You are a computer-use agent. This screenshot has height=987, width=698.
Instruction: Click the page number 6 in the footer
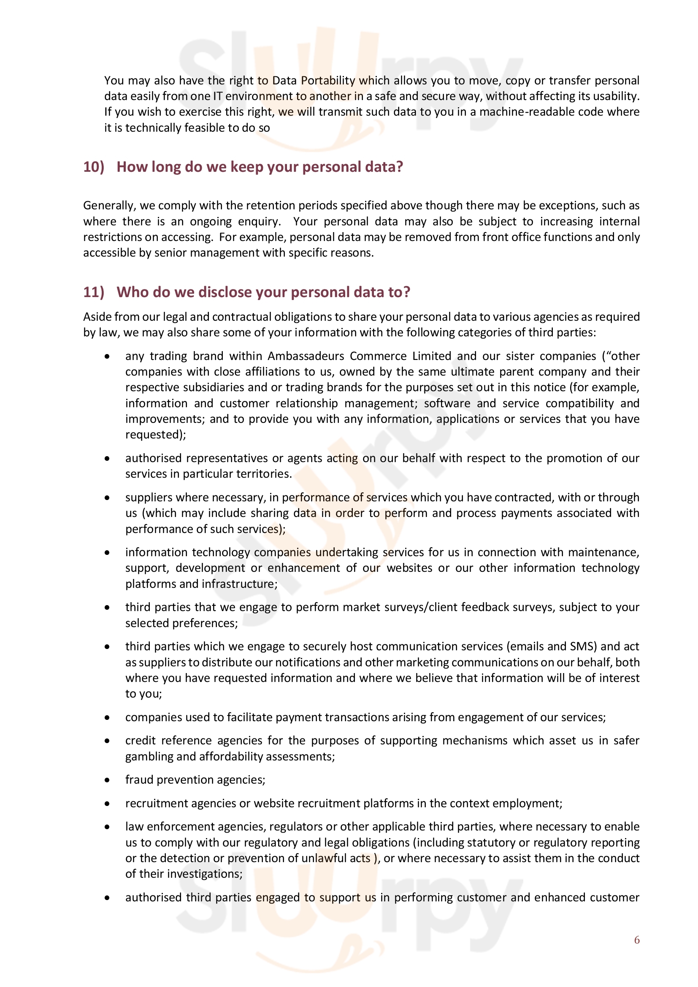coord(636,940)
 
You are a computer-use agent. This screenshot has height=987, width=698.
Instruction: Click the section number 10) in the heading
coord(94,167)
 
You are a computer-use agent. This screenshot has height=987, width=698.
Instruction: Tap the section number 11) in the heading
coord(94,292)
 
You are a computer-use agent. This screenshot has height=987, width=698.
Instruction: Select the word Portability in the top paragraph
coord(328,81)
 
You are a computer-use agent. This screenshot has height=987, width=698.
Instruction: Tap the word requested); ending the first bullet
coord(156,435)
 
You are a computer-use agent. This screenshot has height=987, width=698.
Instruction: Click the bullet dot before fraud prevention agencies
coord(107,780)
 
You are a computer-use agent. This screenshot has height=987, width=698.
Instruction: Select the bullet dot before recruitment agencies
coord(107,803)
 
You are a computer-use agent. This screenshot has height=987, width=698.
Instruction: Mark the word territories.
coord(264,474)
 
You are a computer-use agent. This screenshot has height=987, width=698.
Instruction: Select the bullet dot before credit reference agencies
coord(107,741)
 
